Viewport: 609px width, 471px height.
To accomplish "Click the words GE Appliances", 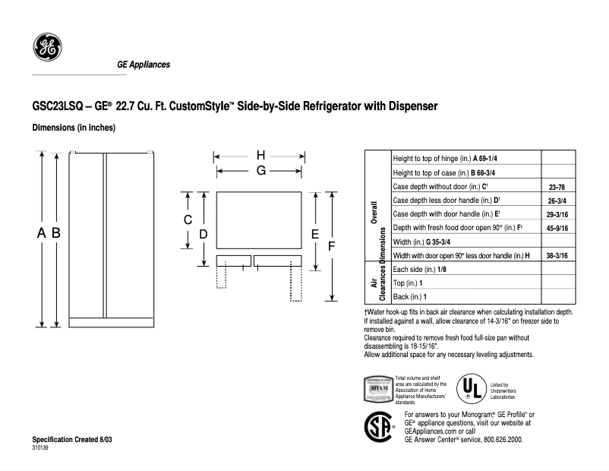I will coord(143,65).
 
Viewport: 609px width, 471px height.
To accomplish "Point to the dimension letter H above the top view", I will coord(260,155).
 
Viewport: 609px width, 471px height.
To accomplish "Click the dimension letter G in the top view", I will coord(260,171).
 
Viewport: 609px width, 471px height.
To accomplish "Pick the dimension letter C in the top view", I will coord(187,220).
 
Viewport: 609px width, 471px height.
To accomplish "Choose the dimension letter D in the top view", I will coord(203,235).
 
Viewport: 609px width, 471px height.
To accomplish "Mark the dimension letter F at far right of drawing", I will coord(331,246).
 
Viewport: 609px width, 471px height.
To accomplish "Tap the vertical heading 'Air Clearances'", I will coord(377,283).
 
